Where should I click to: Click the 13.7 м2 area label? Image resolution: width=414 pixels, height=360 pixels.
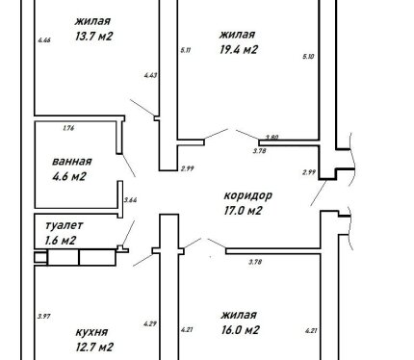(94, 37)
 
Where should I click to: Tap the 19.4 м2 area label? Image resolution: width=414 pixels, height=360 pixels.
(239, 50)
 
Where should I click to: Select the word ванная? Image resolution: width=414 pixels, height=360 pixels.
(72, 161)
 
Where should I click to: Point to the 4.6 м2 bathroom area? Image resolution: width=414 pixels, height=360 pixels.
(69, 176)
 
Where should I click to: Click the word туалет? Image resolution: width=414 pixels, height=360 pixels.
(65, 225)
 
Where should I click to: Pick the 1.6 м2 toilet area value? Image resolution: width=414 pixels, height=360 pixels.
(61, 241)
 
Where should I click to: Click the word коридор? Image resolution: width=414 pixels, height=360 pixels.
(248, 195)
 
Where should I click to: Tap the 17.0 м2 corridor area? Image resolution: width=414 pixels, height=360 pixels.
(243, 211)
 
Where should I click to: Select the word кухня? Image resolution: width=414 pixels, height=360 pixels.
(91, 332)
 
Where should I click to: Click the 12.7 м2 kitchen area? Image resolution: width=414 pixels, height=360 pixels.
(94, 347)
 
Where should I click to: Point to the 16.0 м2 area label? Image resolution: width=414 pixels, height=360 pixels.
(240, 330)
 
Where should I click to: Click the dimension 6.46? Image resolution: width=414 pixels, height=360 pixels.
(44, 40)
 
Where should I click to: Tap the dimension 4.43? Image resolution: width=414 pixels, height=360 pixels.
(150, 76)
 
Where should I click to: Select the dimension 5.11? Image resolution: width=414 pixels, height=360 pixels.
(186, 50)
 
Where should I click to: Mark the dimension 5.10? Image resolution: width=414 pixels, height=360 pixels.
(308, 57)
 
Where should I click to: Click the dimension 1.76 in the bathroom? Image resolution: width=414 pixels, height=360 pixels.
(68, 128)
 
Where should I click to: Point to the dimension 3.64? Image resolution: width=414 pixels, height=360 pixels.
(131, 200)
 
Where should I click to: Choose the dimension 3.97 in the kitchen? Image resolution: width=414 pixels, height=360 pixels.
(44, 317)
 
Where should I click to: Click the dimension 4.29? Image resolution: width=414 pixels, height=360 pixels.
(150, 324)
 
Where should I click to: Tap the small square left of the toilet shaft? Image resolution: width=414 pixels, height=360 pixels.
(40, 258)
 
